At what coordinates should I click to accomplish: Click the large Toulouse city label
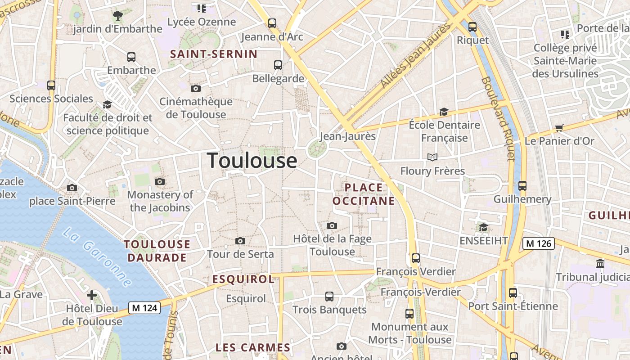pos(252,161)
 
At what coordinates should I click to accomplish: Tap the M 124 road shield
pos(144,308)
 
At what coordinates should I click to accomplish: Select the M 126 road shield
pos(538,243)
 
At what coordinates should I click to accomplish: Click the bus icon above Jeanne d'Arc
pos(272,23)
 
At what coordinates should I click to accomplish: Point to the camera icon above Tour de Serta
pos(240,241)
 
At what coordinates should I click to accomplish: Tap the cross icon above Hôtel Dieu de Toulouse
pos(92,295)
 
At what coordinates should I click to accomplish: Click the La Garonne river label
pos(97,257)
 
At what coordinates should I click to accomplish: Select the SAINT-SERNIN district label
pos(214,54)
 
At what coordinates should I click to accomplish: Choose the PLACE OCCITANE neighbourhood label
pos(364,194)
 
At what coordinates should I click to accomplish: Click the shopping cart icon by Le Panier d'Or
pos(559,128)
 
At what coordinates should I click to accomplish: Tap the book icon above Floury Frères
pos(432,157)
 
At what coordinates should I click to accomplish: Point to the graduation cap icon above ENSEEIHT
pos(483,227)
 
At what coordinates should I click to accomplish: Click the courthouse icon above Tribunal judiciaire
pos(600,263)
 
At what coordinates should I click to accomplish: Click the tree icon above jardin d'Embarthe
pos(118,16)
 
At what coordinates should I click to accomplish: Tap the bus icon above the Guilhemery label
pos(522,185)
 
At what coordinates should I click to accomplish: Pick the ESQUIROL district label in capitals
pos(243,279)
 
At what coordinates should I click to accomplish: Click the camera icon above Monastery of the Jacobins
pos(160,181)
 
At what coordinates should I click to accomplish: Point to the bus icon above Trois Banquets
pos(329,297)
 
